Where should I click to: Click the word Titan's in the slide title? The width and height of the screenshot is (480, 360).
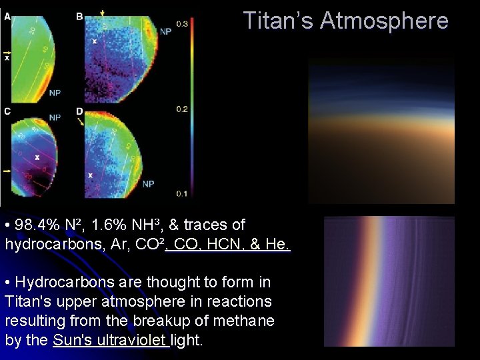(279, 21)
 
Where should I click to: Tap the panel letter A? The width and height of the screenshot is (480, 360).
(7, 16)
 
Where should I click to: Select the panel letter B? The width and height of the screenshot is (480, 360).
(79, 16)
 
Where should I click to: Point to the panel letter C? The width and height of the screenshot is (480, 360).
(7, 111)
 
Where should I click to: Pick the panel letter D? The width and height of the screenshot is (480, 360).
(79, 111)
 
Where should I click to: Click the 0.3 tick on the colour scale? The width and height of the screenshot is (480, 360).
(181, 24)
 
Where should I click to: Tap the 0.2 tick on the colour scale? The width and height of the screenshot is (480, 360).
(181, 109)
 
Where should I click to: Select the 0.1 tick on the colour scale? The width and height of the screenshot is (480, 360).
(181, 193)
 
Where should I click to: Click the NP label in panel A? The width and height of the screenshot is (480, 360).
(55, 92)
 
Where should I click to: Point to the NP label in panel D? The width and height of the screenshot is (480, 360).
(148, 183)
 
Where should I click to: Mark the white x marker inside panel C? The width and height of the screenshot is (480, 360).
(37, 157)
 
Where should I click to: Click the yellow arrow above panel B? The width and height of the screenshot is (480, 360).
(103, 13)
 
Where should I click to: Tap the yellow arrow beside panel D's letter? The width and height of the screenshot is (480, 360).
(81, 122)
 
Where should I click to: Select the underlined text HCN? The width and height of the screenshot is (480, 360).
(234, 245)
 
